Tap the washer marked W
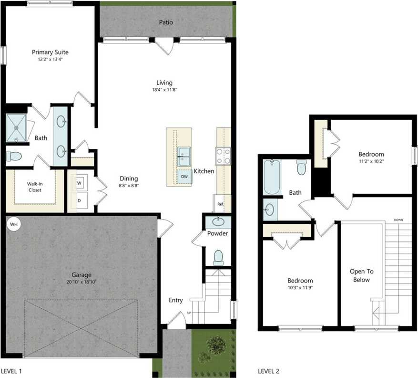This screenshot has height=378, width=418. [x=79, y=182]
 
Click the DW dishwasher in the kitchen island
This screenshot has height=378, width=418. [x=184, y=177]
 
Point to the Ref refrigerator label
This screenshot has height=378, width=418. [x=220, y=204]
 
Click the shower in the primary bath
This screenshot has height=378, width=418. [x=16, y=128]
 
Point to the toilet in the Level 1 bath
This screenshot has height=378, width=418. [x=14, y=156]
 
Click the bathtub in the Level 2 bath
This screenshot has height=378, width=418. [x=272, y=177]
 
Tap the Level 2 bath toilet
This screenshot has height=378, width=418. [x=301, y=168]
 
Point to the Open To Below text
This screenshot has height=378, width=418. [x=361, y=275]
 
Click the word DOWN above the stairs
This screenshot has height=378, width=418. [x=398, y=220]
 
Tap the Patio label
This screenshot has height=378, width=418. [x=166, y=22]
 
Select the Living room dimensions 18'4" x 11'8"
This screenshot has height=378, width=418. [x=164, y=89]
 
